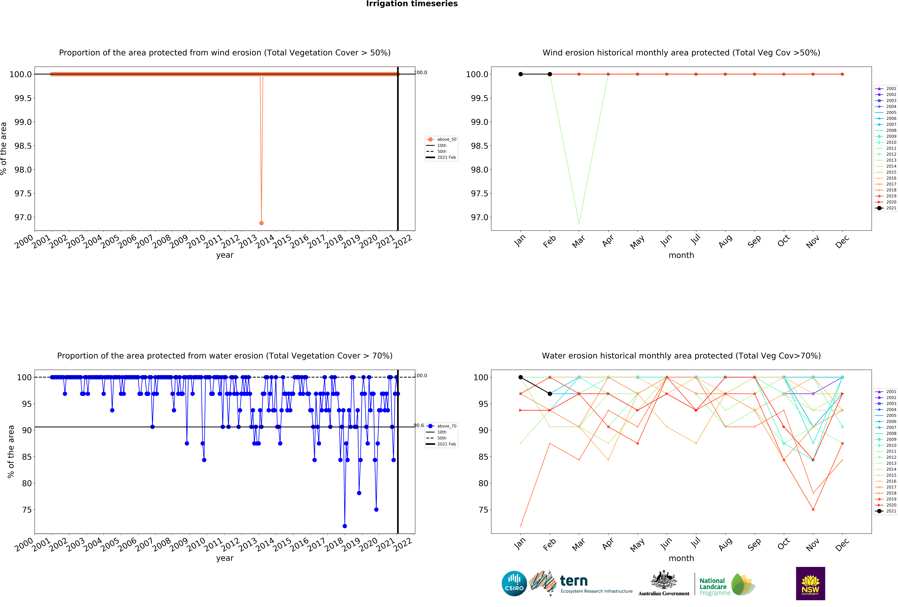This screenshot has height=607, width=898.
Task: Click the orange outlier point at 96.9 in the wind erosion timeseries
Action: click(x=262, y=223)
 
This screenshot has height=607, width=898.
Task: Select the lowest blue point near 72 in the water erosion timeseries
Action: click(x=345, y=526)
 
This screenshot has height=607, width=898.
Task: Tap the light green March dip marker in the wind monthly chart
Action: click(x=579, y=223)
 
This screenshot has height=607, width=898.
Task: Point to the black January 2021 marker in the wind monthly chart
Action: click(x=520, y=74)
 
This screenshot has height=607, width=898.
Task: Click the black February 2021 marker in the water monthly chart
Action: click(x=550, y=394)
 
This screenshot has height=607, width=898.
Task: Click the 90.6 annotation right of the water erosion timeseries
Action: click(x=419, y=425)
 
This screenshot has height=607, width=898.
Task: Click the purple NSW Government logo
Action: click(x=810, y=583)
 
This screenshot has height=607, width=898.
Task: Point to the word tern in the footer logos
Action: click(x=574, y=581)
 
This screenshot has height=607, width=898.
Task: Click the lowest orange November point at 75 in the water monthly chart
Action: click(x=813, y=510)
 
